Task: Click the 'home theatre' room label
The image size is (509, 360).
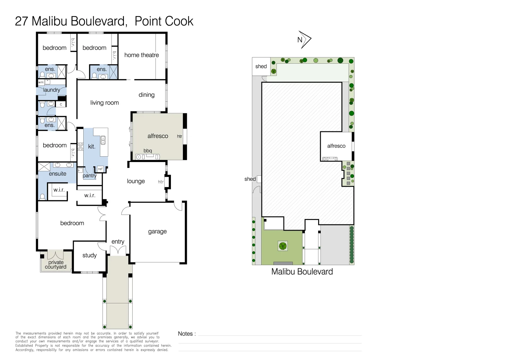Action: click(142, 55)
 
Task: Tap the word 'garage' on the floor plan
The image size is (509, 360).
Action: click(157, 231)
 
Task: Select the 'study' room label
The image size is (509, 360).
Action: click(89, 255)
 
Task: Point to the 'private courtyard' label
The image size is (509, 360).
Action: click(56, 265)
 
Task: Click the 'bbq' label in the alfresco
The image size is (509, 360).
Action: click(148, 151)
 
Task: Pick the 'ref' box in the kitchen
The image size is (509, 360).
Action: click(100, 169)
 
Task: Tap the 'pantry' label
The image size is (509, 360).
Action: click(89, 176)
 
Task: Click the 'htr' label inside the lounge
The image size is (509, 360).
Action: click(161, 182)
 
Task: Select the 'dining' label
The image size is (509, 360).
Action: click(147, 95)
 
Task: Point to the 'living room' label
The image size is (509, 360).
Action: click(104, 103)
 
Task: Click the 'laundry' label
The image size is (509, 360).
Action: click(52, 90)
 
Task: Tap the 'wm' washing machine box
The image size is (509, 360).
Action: click(41, 82)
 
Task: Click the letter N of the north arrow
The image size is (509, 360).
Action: click(300, 40)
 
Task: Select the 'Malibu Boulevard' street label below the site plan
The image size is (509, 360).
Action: click(302, 272)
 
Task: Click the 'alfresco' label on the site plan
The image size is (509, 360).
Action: click(336, 146)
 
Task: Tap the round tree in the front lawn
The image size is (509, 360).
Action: click(282, 246)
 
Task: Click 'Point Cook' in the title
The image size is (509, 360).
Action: click(164, 21)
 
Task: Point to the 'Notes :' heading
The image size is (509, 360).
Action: click(187, 334)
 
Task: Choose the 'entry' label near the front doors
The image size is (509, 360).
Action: click(118, 242)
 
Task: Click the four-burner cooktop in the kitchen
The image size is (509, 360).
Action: click(80, 147)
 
